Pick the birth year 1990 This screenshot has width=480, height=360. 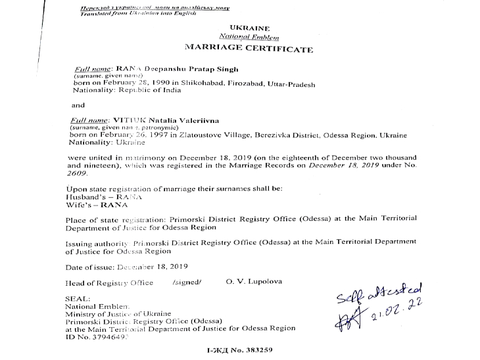click(152, 84)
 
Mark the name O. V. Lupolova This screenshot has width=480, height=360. click(253, 281)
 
